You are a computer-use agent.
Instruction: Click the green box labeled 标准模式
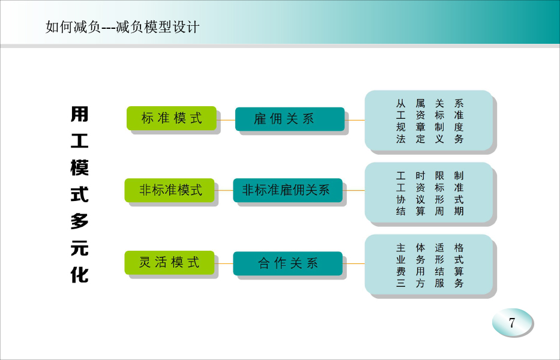tap(172, 118)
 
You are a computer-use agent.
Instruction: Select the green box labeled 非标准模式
tap(170, 190)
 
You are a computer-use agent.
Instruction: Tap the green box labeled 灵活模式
tap(170, 263)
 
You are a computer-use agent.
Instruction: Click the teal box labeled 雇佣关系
tap(290, 119)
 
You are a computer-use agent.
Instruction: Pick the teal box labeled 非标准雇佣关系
tap(288, 190)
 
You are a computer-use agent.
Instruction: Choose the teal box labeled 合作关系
tap(288, 263)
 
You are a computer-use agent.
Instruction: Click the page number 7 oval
tap(512, 323)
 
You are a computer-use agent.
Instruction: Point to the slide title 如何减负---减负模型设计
tap(122, 27)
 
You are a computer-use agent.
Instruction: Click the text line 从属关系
tap(430, 104)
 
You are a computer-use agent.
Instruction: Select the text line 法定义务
tap(430, 139)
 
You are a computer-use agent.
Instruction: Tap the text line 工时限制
tap(430, 176)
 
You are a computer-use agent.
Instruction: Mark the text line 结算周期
tap(430, 211)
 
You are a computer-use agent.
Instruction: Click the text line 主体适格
tap(430, 248)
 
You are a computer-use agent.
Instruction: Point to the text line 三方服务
tap(430, 283)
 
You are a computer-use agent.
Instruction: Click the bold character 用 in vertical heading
tap(79, 114)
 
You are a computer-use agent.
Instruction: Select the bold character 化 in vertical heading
tap(79, 275)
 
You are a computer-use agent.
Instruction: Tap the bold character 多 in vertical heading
tap(79, 221)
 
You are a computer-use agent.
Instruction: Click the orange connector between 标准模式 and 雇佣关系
tap(226, 120)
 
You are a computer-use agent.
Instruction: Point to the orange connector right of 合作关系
tap(354, 264)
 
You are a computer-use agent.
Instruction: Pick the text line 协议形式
tap(430, 199)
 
